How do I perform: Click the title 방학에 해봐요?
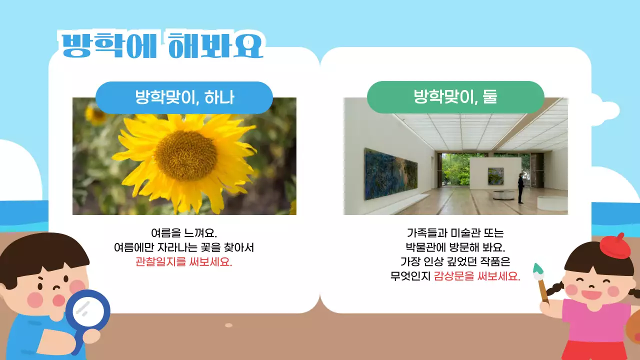(161, 45)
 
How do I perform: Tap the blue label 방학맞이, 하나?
(184, 97)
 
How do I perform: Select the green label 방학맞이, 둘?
(455, 96)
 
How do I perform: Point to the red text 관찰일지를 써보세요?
(184, 261)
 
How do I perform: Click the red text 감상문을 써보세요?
(476, 275)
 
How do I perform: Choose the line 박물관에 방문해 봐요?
(455, 247)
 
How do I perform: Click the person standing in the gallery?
(520, 187)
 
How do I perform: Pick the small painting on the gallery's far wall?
(495, 176)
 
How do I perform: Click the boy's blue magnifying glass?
(88, 312)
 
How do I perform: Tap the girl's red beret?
(615, 245)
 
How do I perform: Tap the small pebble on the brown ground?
(228, 325)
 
